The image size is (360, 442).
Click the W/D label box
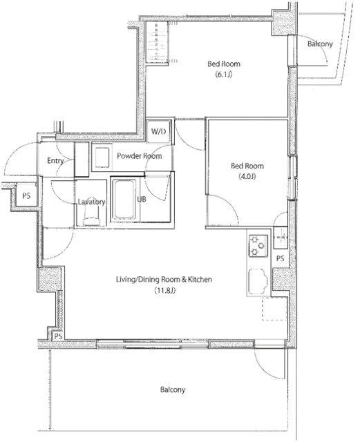click(158, 131)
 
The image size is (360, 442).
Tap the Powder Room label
click(140, 156)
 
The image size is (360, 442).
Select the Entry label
click(55, 161)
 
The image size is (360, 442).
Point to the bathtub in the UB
click(124, 200)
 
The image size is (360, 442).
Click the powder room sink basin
click(102, 157)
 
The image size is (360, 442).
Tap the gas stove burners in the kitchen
click(258, 245)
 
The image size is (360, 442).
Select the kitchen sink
click(257, 282)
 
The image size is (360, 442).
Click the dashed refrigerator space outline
click(274, 309)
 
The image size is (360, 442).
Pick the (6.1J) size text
click(224, 75)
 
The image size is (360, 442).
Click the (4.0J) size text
click(247, 177)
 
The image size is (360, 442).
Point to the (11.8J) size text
click(164, 290)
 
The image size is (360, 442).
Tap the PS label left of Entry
click(26, 195)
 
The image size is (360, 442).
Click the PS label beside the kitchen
click(280, 258)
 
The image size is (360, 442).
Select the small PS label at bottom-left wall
click(58, 336)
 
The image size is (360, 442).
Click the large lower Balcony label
click(173, 390)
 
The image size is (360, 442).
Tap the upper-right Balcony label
click(320, 44)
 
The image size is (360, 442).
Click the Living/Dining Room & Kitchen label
click(164, 280)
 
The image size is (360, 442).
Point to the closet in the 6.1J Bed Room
click(157, 43)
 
